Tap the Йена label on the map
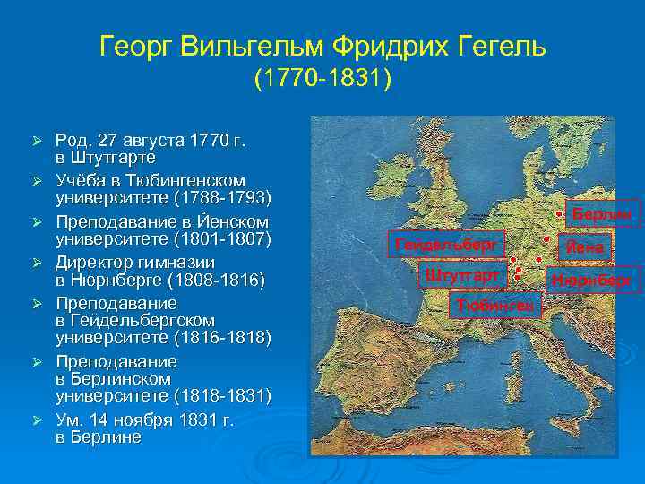(x=583, y=247)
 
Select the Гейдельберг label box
(x=444, y=243)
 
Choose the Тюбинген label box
(x=495, y=305)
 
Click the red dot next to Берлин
(x=558, y=215)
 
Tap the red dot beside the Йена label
(x=546, y=240)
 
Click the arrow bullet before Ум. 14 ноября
(x=37, y=420)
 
